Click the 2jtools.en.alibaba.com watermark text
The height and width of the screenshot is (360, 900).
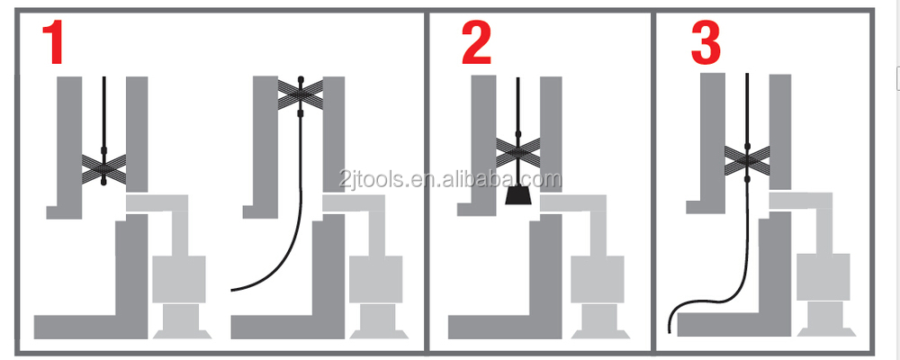(450, 179)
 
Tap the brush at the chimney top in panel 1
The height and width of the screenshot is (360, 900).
(301, 91)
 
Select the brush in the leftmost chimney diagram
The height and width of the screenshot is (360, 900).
(103, 166)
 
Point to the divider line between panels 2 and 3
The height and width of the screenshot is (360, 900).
(652, 180)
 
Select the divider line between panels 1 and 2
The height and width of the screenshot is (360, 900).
(426, 180)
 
